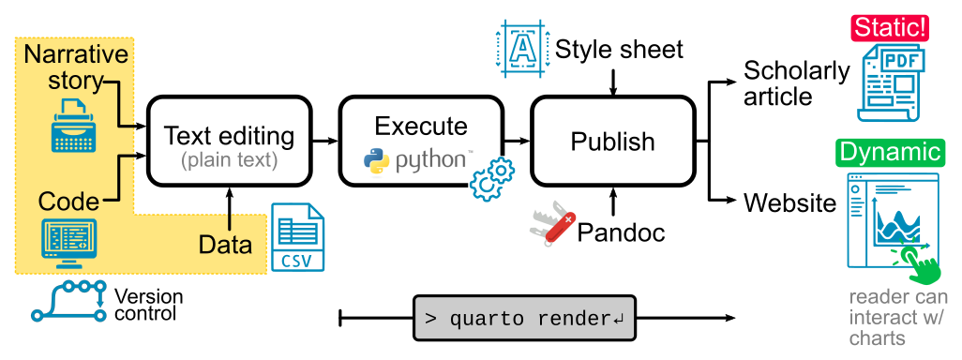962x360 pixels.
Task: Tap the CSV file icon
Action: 297,237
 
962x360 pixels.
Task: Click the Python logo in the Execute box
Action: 376,159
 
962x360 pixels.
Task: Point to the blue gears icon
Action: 492,178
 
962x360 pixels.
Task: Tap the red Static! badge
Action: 889,28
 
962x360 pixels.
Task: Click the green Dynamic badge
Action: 889,153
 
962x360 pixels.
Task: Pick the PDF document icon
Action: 892,82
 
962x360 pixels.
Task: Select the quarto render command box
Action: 524,318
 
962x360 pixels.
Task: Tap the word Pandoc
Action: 621,232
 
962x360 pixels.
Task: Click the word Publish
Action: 612,142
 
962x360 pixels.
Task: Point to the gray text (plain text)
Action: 229,160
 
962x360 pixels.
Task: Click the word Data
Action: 225,245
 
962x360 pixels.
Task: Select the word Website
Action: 790,202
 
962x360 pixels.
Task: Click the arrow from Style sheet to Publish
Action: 612,82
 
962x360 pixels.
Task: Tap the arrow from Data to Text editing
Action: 229,209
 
